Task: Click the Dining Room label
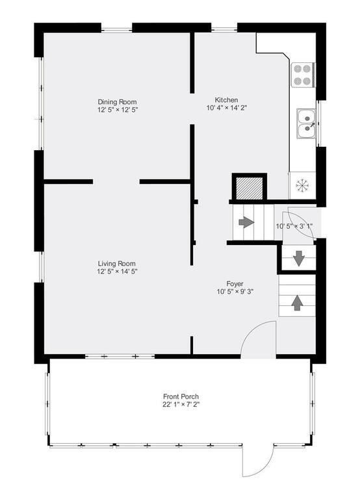click(x=117, y=102)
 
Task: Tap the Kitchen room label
click(x=226, y=99)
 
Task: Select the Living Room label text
click(x=116, y=264)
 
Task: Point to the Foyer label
click(x=235, y=283)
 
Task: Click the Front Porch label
click(x=181, y=396)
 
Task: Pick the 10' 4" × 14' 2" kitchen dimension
click(x=227, y=108)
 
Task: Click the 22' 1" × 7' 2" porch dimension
click(x=181, y=405)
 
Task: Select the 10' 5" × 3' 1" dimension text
click(x=294, y=226)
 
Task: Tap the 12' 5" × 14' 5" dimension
click(x=117, y=272)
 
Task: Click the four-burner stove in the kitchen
click(x=302, y=75)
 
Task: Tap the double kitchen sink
click(x=306, y=123)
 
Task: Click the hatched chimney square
click(x=250, y=188)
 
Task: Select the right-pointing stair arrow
click(x=246, y=222)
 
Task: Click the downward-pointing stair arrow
click(x=298, y=259)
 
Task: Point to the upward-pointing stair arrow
click(x=297, y=303)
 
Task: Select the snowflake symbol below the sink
click(x=301, y=185)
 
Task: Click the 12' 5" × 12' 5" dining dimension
click(x=118, y=110)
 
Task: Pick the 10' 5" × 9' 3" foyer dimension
click(x=235, y=292)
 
